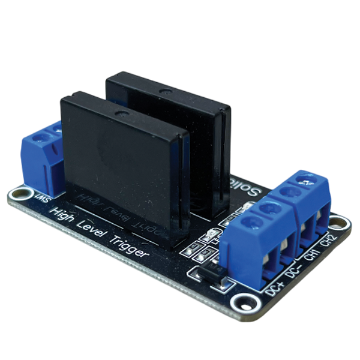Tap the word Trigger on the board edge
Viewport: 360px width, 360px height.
coord(128,247)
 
